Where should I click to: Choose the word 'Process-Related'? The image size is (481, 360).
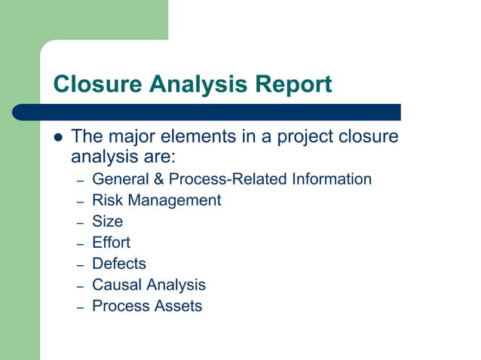(227, 179)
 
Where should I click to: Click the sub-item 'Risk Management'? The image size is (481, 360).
(156, 200)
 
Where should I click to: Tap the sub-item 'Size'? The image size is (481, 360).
(107, 221)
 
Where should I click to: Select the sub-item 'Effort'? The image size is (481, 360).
(111, 243)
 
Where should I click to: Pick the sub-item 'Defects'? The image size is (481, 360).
(118, 264)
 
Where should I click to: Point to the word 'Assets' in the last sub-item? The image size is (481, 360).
(178, 306)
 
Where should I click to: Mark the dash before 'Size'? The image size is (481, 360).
(80, 223)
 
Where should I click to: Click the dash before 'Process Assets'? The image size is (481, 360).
(80, 307)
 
